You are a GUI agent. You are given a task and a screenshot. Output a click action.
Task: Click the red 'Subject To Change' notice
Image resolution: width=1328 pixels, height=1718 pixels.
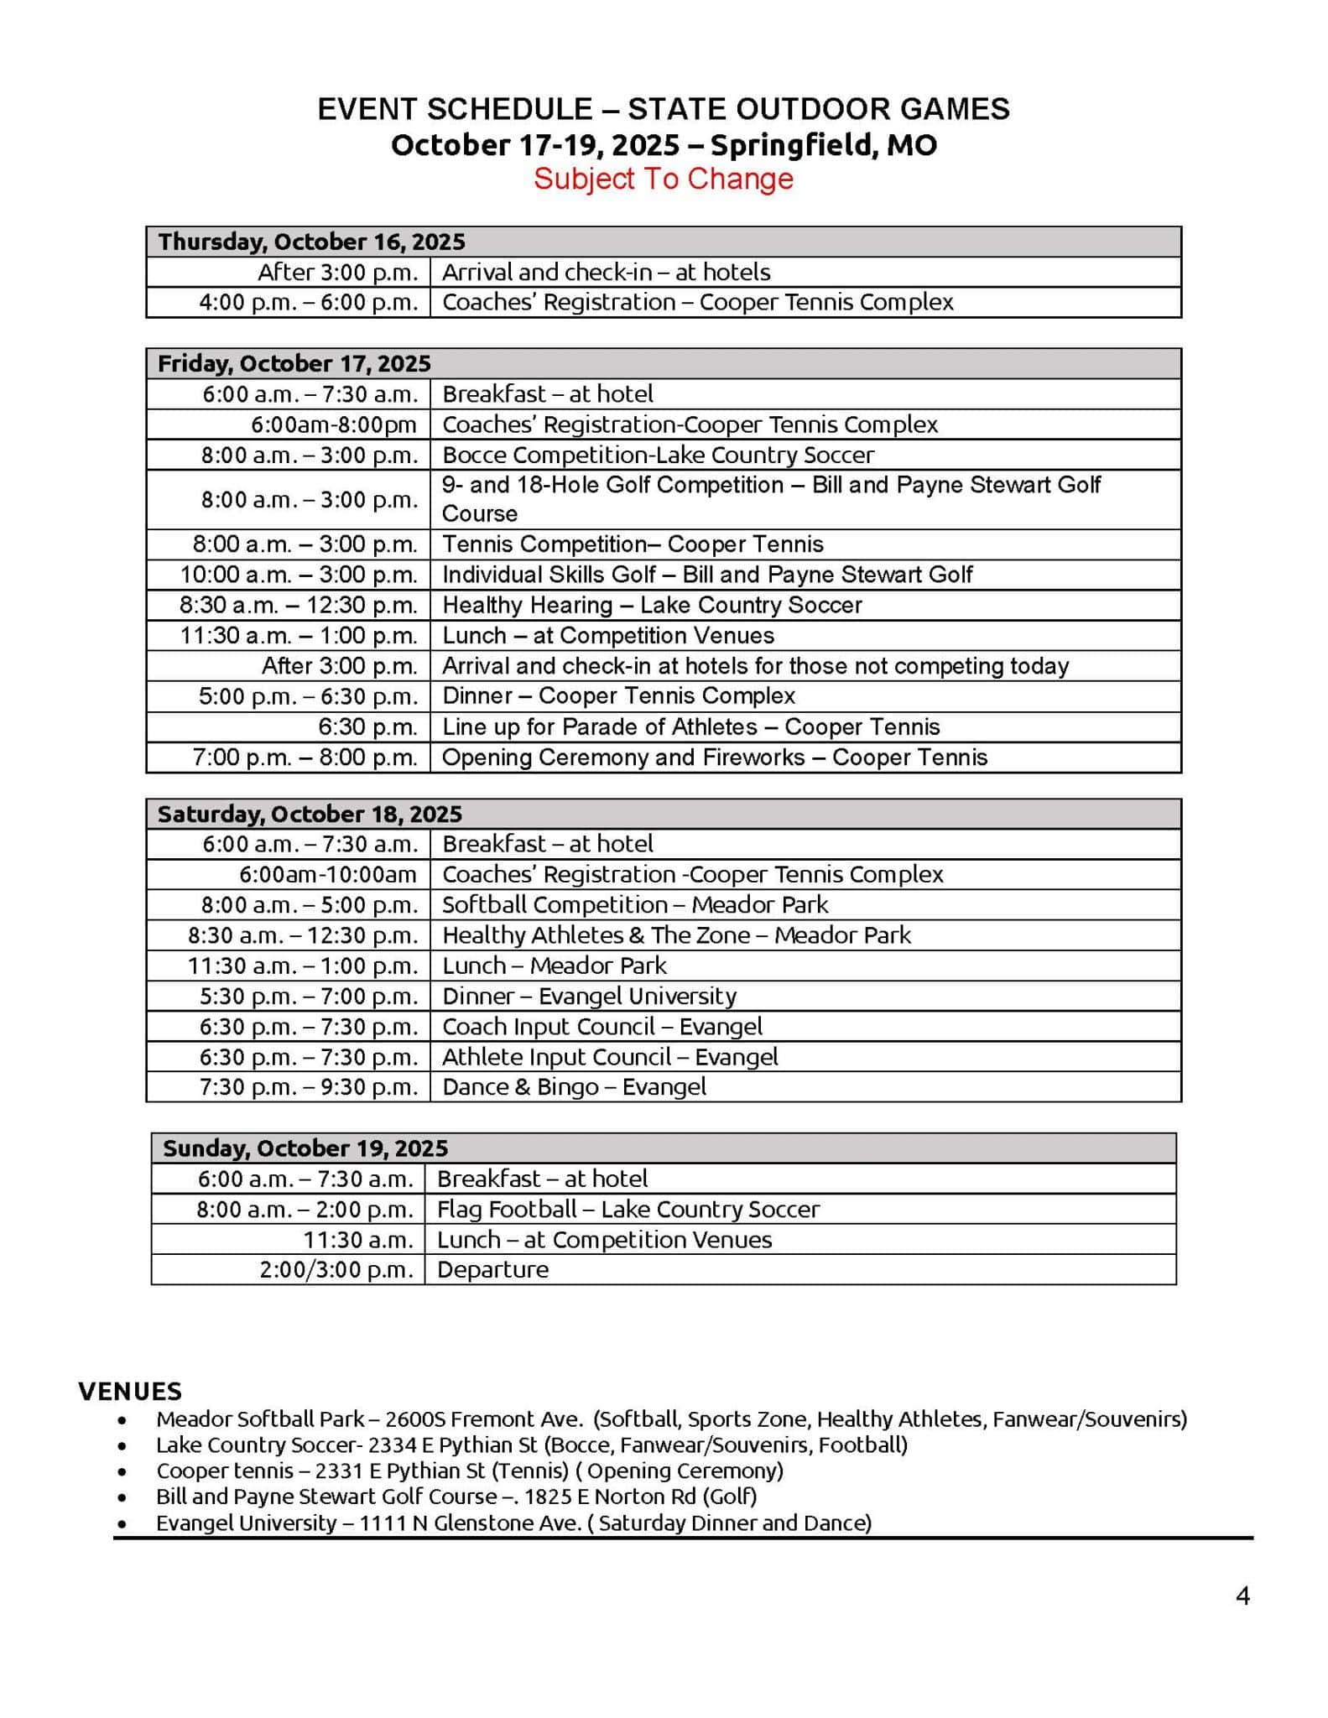tap(663, 179)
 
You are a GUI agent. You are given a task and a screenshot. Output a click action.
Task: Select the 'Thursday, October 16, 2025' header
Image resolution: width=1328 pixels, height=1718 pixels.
tap(311, 242)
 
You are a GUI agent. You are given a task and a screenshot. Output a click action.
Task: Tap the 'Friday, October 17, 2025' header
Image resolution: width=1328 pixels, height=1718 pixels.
tap(294, 363)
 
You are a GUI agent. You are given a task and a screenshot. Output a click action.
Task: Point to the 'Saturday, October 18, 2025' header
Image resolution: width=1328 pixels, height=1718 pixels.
tap(310, 814)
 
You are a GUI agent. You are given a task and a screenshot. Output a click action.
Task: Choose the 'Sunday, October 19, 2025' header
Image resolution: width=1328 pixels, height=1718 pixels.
tap(305, 1148)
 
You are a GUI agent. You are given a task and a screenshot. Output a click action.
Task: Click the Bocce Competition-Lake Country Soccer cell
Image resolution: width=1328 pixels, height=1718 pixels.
tap(658, 455)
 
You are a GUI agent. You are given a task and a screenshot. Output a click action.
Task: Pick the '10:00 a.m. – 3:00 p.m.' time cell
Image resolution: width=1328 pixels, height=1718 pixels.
tap(299, 575)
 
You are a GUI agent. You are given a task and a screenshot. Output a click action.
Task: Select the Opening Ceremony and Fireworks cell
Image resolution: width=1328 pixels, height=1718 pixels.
tap(715, 757)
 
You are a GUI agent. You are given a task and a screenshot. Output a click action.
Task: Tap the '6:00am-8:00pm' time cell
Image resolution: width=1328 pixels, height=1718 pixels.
tap(333, 424)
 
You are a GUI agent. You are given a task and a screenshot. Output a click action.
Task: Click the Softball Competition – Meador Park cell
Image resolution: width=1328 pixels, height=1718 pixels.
tap(634, 904)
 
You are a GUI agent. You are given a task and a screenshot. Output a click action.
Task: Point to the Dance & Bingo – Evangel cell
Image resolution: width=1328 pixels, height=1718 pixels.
tap(574, 1086)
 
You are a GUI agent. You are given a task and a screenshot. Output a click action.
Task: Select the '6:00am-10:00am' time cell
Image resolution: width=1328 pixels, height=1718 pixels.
tap(327, 874)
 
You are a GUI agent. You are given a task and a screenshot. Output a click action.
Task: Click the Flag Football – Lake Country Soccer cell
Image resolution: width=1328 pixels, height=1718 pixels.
tap(628, 1209)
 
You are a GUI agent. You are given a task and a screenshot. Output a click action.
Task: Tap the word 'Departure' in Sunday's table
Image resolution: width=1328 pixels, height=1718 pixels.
tap(492, 1269)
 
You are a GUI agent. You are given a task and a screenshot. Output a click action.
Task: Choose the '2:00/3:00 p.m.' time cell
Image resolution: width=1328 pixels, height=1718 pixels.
tap(336, 1269)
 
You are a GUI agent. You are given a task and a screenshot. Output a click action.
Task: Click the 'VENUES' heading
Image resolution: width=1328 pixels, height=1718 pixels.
tap(130, 1391)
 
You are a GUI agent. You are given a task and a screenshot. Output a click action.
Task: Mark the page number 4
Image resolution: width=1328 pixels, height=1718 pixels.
tap(1242, 1596)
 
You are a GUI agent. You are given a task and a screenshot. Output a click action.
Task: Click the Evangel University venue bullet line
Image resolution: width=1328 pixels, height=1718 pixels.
tap(513, 1523)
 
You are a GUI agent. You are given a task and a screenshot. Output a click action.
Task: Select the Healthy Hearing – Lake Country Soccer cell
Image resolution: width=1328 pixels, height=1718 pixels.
tap(652, 605)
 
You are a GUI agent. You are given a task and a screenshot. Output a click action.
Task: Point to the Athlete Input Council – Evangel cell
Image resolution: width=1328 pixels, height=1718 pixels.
tap(610, 1056)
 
